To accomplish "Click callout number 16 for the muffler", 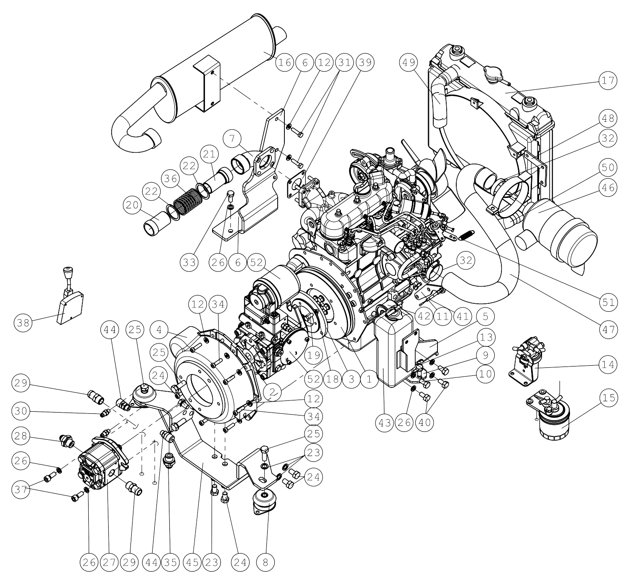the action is coord(285,63).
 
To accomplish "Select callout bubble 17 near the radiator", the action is coord(608,81).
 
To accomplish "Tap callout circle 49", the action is coord(408,63).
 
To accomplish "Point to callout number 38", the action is coord(23,323).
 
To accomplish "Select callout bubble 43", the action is coord(385,423).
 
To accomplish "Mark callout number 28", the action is coord(21,436).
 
